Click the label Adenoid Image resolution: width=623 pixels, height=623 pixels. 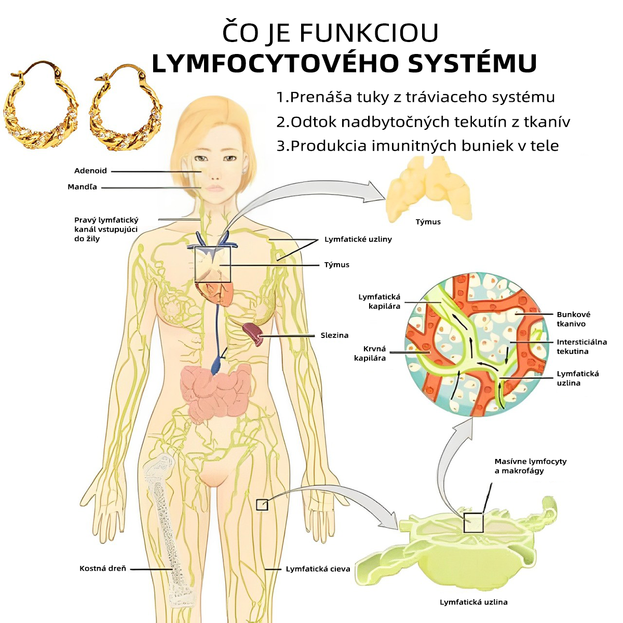point(90,171)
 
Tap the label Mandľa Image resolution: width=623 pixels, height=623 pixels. point(82,187)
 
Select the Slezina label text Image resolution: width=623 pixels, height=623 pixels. point(334,335)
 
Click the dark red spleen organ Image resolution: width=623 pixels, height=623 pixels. point(253,334)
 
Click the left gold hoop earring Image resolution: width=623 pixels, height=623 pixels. point(40,105)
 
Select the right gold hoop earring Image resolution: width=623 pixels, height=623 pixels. point(126,107)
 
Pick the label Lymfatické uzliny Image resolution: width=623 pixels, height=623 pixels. point(358,239)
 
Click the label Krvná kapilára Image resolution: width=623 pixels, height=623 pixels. point(370,354)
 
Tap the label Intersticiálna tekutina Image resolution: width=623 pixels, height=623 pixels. point(581,347)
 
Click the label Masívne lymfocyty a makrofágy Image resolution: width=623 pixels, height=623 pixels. point(530,466)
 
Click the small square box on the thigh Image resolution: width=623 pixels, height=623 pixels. point(262,505)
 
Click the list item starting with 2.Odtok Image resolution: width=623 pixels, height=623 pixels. point(423,122)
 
